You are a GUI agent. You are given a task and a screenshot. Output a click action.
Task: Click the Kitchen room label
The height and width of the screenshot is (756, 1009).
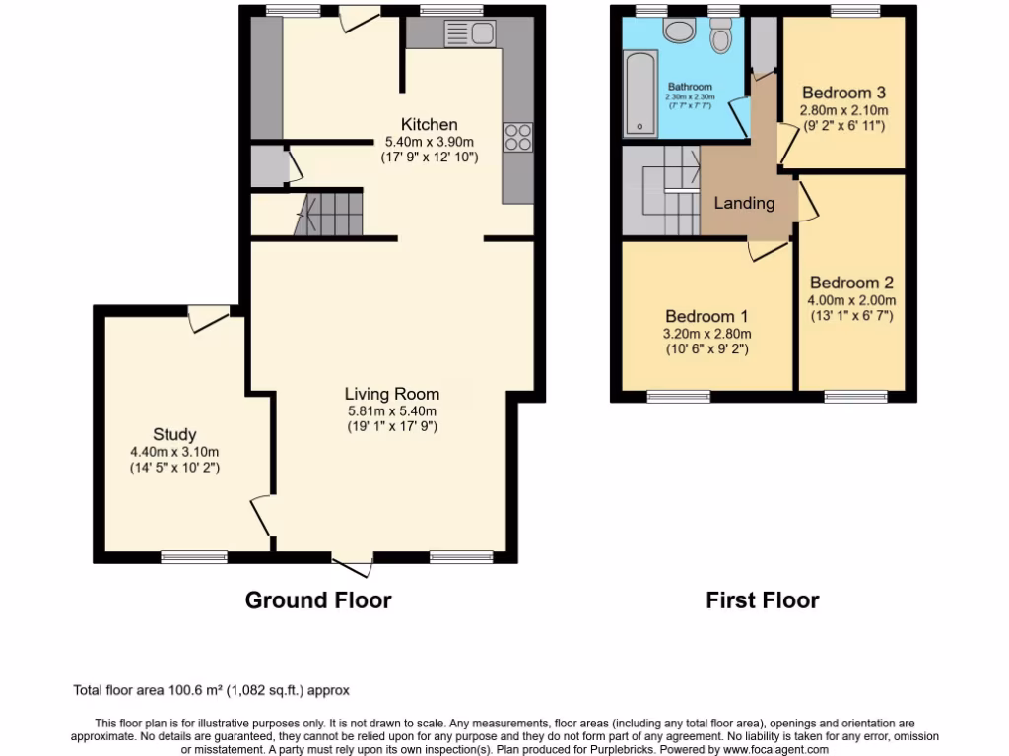tap(429, 124)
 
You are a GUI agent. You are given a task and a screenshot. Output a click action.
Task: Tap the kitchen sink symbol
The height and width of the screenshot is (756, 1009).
tap(470, 34)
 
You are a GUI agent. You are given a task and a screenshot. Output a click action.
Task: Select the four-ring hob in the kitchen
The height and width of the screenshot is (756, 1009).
tap(518, 138)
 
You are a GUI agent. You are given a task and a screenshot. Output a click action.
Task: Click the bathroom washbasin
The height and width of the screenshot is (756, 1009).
tap(679, 30)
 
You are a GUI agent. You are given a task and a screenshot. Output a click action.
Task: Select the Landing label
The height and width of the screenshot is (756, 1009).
tap(744, 203)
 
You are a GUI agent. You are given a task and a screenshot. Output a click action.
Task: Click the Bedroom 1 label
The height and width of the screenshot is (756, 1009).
tap(706, 316)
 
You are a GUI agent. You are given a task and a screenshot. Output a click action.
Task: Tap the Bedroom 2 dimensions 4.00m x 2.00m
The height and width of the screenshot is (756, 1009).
tap(852, 300)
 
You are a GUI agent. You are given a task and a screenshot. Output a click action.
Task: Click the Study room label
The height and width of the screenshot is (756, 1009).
tap(174, 434)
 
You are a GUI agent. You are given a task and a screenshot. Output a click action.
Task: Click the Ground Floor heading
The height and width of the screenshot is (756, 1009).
tap(318, 599)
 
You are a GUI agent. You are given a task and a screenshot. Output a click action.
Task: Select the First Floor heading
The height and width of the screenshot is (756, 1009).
tap(762, 599)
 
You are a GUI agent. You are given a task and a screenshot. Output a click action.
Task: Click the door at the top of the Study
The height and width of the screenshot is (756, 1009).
tap(208, 317)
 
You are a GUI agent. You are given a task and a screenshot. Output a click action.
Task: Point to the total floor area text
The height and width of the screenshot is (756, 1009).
tap(212, 690)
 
